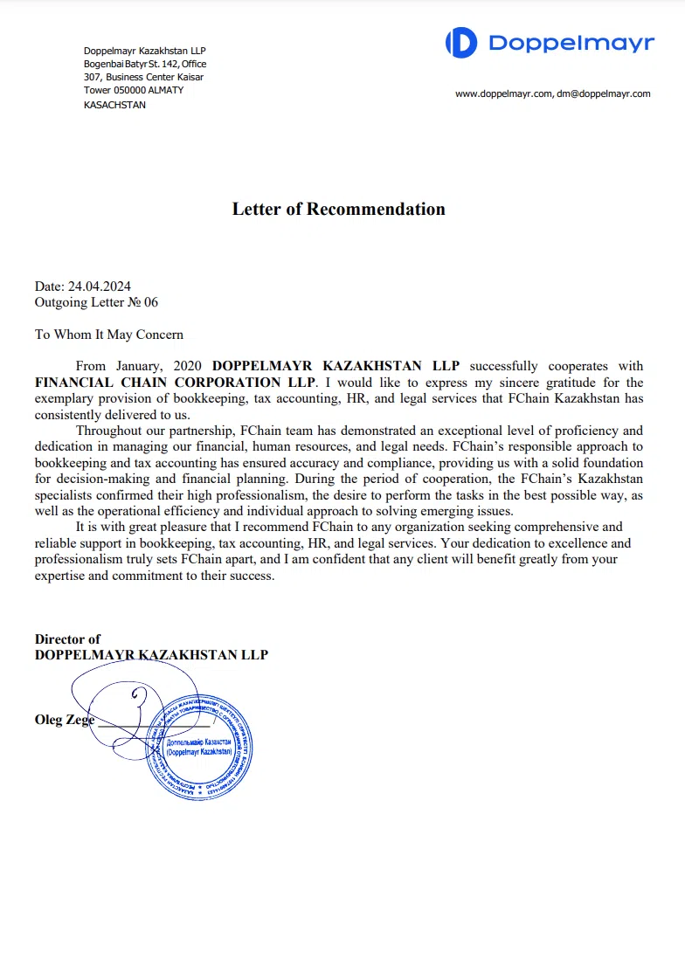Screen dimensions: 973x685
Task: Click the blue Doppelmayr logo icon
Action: pyautogui.click(x=461, y=43)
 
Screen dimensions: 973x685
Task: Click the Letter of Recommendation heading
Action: pyautogui.click(x=338, y=209)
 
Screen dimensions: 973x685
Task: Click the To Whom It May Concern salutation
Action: pyautogui.click(x=109, y=334)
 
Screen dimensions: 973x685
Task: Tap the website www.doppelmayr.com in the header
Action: pyautogui.click(x=503, y=93)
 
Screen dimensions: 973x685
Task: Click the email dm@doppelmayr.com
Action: pyautogui.click(x=604, y=93)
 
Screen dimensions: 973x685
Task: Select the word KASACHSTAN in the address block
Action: pyautogui.click(x=114, y=105)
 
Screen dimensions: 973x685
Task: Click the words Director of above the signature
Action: pyautogui.click(x=67, y=639)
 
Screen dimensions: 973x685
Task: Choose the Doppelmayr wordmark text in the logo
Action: pyautogui.click(x=571, y=43)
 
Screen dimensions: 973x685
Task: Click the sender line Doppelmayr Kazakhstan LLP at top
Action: pyautogui.click(x=144, y=51)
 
